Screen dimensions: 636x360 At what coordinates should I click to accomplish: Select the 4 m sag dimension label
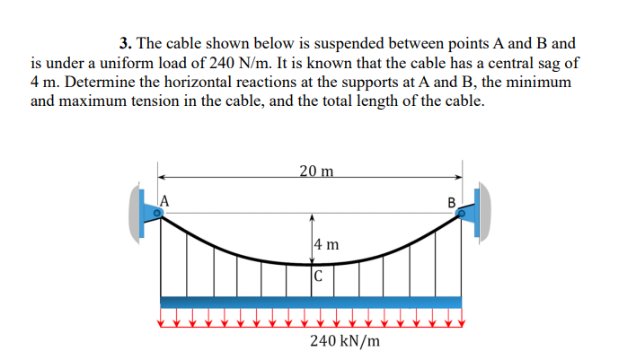[x=327, y=243]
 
